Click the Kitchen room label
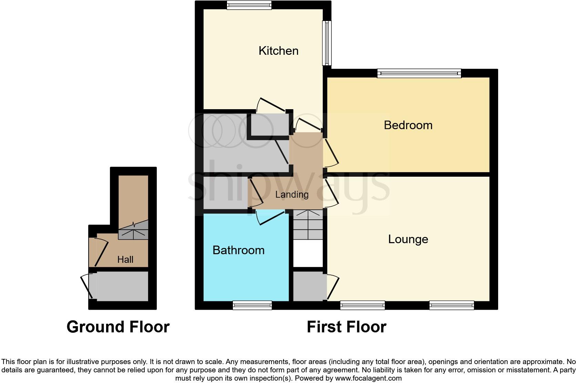(278, 51)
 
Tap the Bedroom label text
(408, 125)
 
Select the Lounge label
(408, 239)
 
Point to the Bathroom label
(238, 250)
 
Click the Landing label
(292, 195)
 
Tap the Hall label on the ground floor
(125, 259)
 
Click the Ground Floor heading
(118, 327)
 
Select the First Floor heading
(346, 327)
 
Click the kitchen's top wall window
(249, 5)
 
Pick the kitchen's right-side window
(327, 43)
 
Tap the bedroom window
(419, 73)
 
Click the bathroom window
(252, 305)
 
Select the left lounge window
(362, 305)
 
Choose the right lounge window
(451, 305)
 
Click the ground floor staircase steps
(133, 230)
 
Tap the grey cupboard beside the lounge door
(309, 286)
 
